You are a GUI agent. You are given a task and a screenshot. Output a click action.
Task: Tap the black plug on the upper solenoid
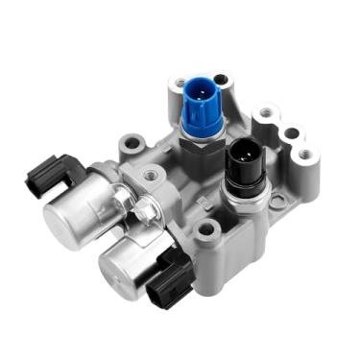[49, 174]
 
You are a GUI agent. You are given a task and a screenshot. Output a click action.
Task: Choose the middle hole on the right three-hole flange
[287, 132]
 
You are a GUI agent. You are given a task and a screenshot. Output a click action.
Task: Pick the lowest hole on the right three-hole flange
[304, 153]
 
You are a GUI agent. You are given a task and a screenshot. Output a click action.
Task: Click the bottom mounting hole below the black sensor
[205, 230]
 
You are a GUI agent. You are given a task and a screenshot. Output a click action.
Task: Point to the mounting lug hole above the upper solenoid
[132, 145]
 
